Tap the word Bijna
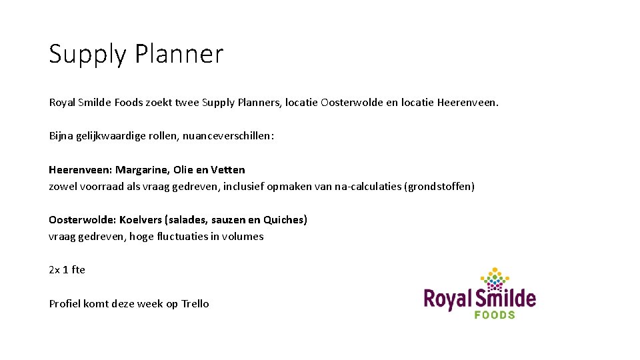tap(62, 136)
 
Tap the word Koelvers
tap(142, 219)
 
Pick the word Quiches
tap(284, 219)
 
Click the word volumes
tap(243, 236)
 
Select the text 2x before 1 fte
tap(55, 270)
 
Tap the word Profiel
tap(65, 303)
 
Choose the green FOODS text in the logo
tap(495, 313)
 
